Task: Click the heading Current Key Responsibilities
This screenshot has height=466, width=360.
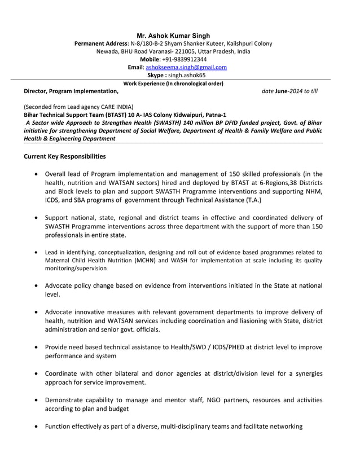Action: [x=64, y=156]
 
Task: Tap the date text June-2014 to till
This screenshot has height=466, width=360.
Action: [x=294, y=91]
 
